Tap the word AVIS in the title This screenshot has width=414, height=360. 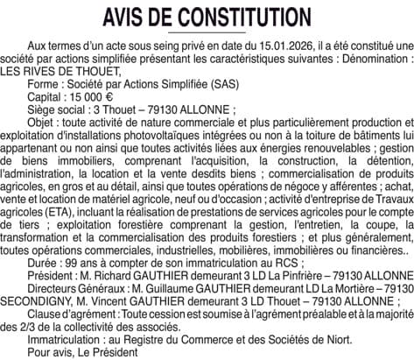(x=129, y=17)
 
